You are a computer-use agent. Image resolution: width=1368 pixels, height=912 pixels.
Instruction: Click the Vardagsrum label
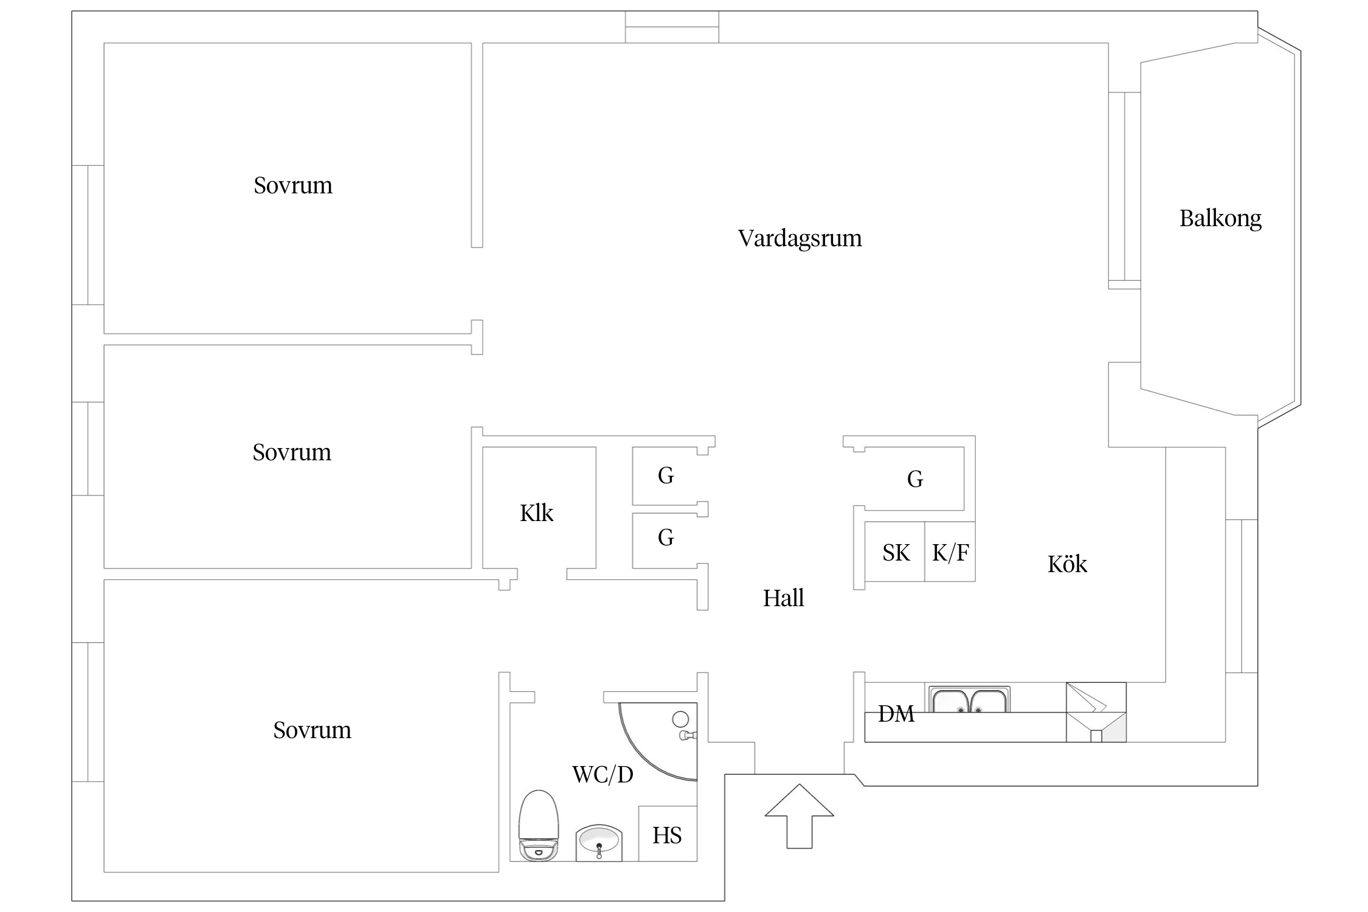(800, 238)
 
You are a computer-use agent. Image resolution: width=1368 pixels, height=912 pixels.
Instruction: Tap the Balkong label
(1220, 218)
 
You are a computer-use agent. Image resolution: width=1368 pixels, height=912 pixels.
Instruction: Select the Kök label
(1067, 564)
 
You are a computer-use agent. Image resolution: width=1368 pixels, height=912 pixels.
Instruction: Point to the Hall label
(783, 598)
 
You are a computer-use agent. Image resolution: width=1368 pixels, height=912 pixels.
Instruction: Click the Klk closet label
(536, 513)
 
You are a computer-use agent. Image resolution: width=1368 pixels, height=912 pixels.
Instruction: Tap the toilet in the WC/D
(538, 824)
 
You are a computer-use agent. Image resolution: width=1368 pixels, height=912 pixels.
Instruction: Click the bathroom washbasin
(599, 842)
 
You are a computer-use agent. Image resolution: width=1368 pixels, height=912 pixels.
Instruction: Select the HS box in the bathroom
(667, 835)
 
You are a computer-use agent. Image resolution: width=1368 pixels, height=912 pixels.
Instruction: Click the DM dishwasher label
(896, 714)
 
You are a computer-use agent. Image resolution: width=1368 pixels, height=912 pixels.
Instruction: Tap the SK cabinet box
(895, 552)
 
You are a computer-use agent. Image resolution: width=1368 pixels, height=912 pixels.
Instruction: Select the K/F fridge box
(950, 552)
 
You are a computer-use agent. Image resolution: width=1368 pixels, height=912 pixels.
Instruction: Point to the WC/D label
(603, 775)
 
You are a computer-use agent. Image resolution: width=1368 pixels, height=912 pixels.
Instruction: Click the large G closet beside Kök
(914, 479)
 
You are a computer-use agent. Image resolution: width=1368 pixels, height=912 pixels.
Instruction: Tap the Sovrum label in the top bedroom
(292, 185)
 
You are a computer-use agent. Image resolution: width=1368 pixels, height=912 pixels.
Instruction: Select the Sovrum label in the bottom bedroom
(312, 730)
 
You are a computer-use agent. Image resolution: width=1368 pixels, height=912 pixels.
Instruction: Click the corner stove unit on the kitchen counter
(1096, 712)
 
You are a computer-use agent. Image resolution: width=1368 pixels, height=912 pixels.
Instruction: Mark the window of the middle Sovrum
(88, 449)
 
